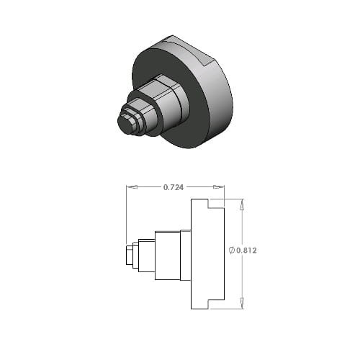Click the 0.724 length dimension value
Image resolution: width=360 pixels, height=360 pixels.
point(174,187)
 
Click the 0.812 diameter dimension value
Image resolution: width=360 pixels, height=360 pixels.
point(246,251)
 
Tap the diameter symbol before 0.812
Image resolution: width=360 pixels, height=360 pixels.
point(232,251)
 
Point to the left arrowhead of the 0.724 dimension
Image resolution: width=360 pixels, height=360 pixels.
point(132,186)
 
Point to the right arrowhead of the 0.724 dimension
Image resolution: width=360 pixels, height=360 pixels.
point(219,186)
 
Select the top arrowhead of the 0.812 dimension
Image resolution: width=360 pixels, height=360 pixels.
point(242,204)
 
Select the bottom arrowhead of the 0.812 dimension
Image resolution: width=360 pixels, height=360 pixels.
point(242,303)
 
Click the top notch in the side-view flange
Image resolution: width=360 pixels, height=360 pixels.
point(216,204)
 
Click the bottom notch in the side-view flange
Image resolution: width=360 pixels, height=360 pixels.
point(216,305)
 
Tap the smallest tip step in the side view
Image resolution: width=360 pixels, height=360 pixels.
point(130,255)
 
